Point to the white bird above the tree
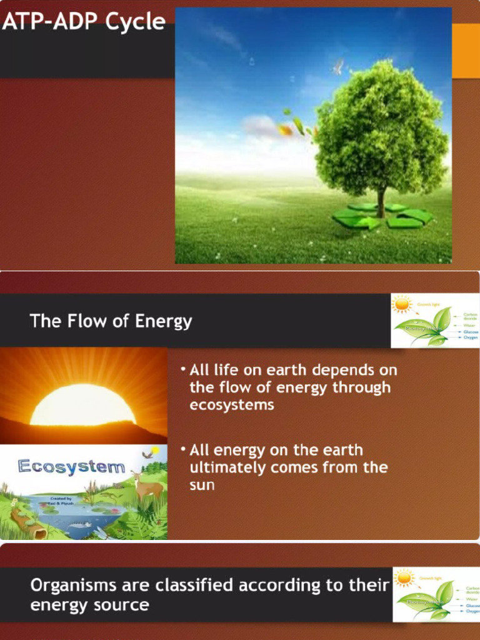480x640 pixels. [338, 66]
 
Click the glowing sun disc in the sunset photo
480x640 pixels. [82, 406]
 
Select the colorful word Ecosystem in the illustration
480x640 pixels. [71, 466]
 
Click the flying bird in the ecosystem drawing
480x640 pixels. [147, 454]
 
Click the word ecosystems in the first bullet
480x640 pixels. [232, 405]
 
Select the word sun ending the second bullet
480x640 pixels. [202, 485]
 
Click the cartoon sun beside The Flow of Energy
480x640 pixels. [401, 304]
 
